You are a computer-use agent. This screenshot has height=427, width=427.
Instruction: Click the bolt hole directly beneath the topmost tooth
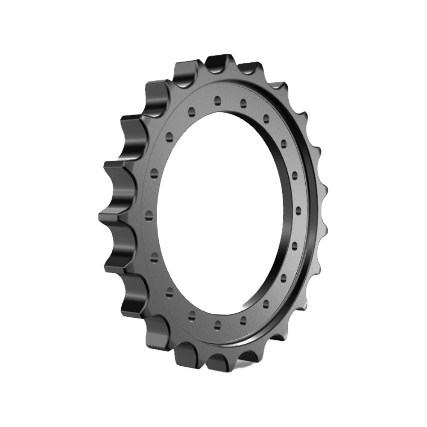(217, 100)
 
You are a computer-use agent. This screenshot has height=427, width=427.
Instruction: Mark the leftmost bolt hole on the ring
(149, 213)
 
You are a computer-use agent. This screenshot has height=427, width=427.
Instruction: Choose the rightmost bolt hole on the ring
(298, 210)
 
